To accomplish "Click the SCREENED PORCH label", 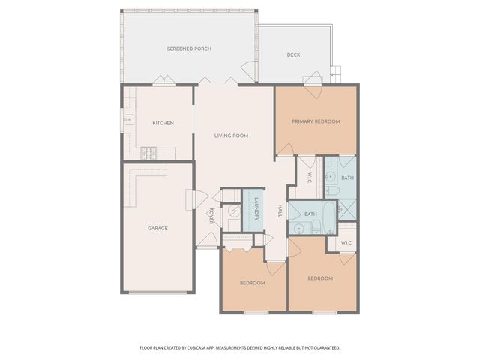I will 189,49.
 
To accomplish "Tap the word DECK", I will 293,55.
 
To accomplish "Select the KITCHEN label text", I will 163,123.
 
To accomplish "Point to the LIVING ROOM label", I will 231,136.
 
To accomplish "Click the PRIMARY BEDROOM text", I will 316,121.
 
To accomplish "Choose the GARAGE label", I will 157,228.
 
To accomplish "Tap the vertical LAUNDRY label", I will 256,208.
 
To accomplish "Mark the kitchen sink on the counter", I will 127,118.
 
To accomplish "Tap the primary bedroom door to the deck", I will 313,79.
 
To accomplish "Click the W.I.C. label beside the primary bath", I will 309,178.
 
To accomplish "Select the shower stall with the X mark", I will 346,208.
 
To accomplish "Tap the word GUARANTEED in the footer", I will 323,348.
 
